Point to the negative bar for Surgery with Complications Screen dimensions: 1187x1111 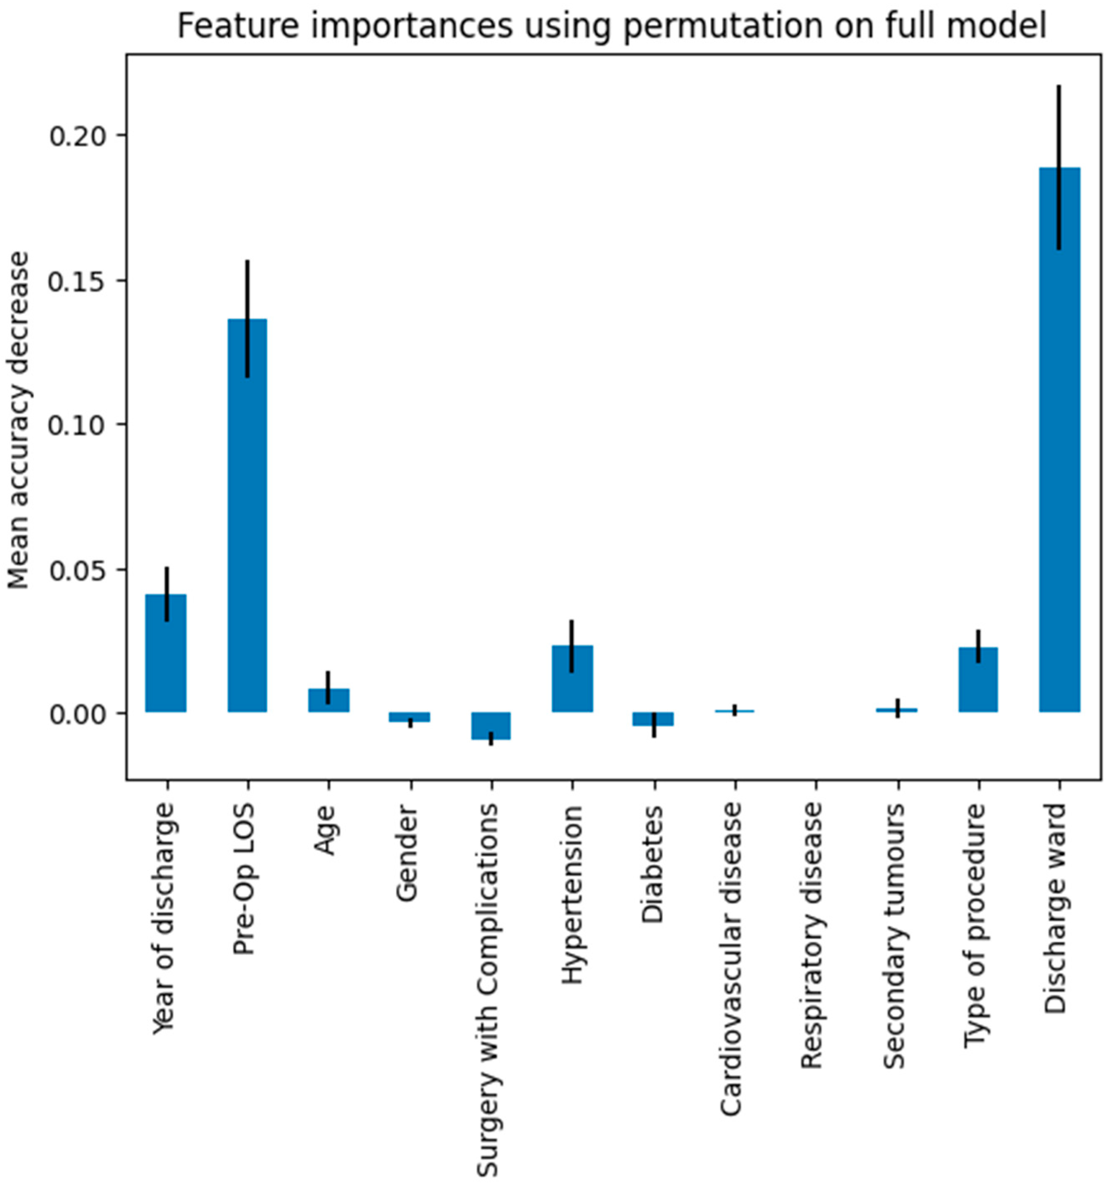pyautogui.click(x=490, y=725)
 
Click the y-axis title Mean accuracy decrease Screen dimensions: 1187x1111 pyautogui.click(x=19, y=421)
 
